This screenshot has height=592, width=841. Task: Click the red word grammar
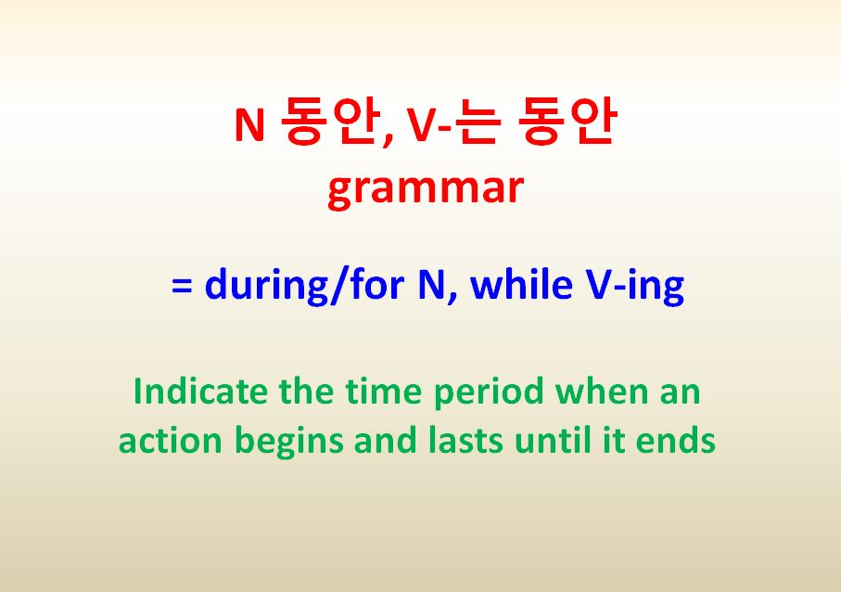[x=426, y=190]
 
